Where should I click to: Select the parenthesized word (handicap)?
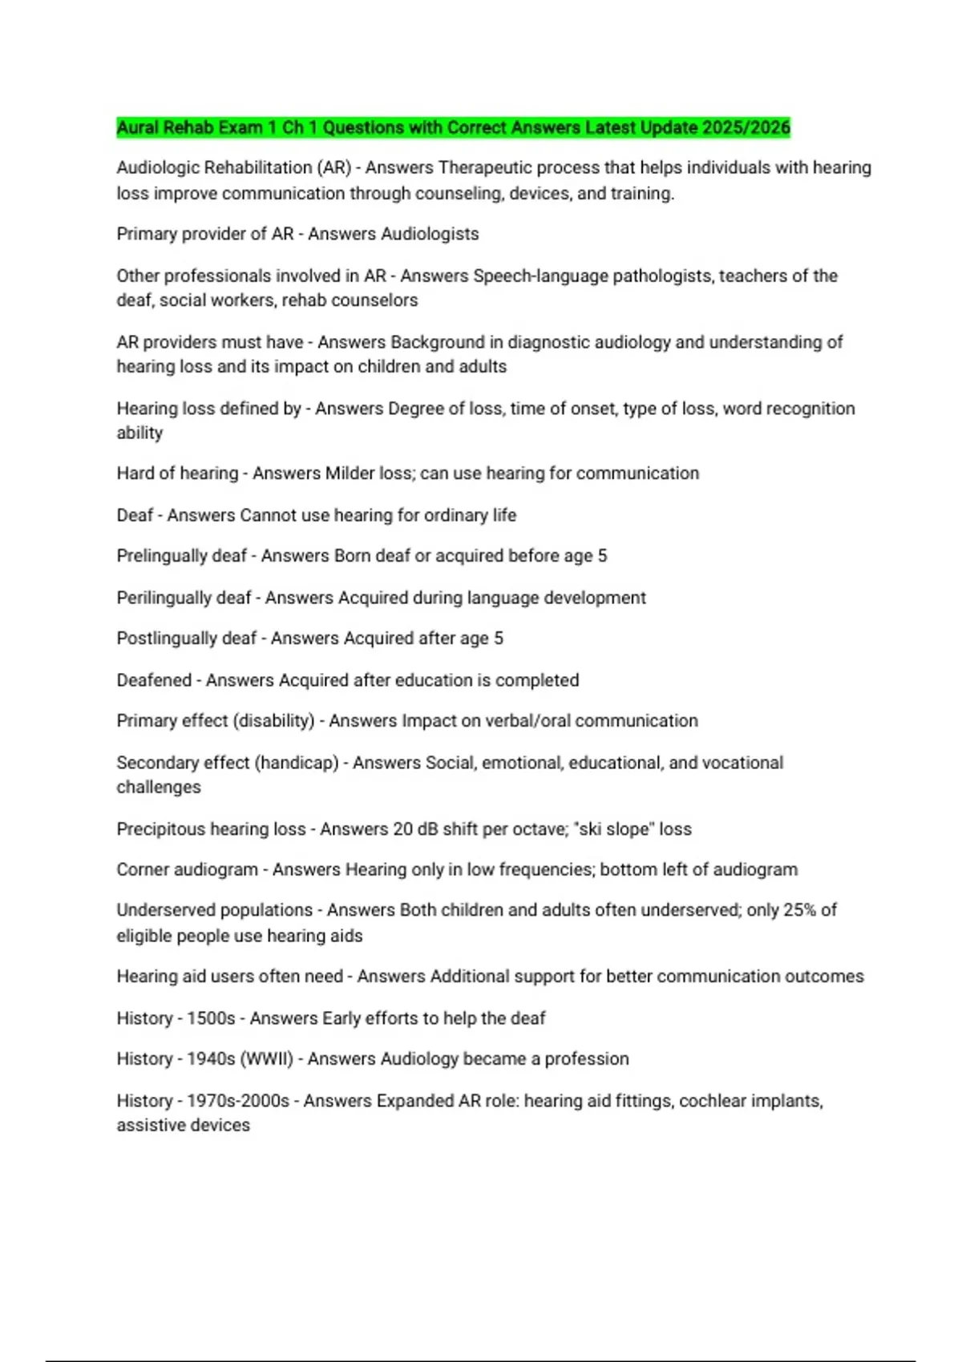(297, 763)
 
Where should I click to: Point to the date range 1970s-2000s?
(237, 1101)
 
